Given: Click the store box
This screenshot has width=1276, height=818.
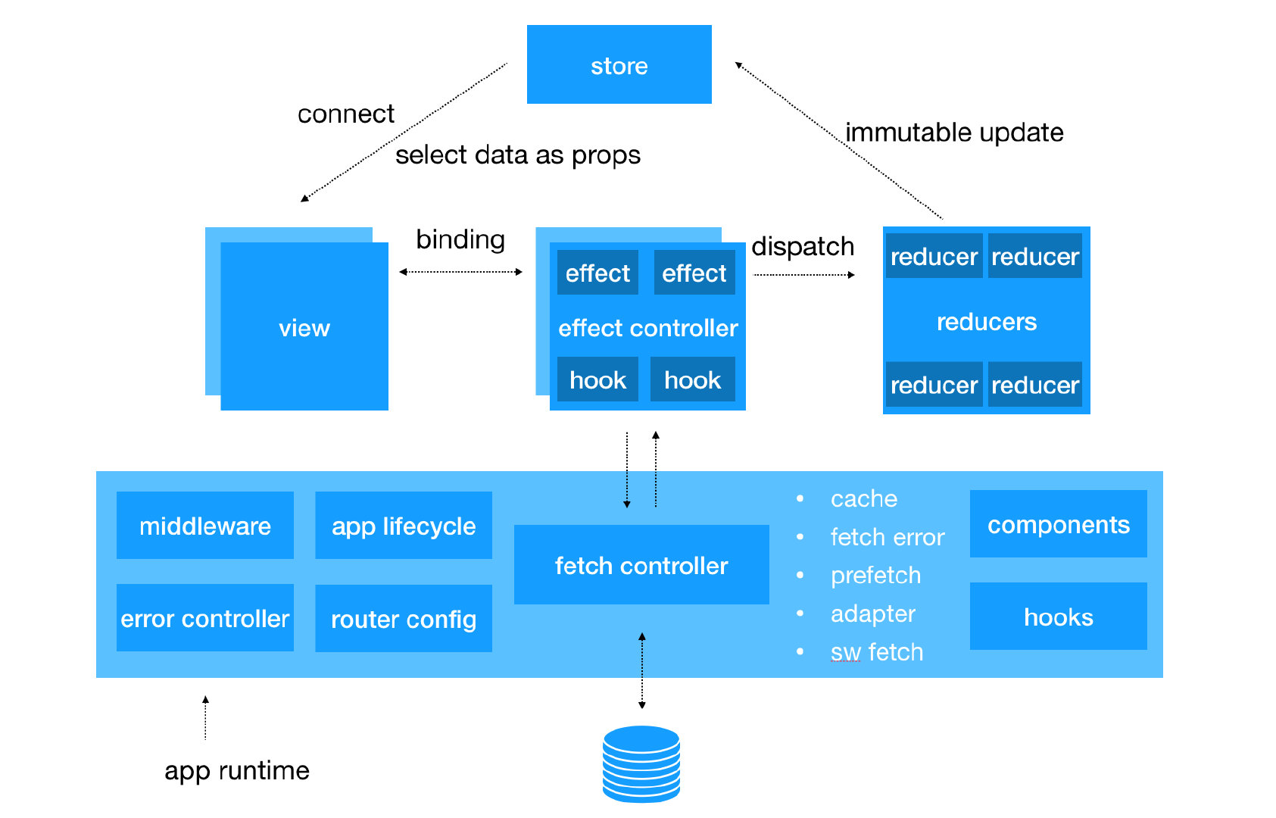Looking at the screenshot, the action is [619, 64].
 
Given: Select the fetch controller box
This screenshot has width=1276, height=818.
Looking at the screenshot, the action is [641, 564].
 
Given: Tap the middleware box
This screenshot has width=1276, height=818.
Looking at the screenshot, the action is [205, 525].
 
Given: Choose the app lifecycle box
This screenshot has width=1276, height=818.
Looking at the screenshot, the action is [404, 525].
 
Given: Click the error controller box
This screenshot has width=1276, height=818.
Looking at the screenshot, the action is [205, 617].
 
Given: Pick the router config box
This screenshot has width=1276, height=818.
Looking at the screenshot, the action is [404, 618].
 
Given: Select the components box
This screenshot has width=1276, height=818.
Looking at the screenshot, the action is [1059, 523].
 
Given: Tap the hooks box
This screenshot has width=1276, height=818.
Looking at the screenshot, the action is [1059, 616].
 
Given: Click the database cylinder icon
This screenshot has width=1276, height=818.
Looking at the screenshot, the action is [641, 764].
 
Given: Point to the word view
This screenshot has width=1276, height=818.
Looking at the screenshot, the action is [304, 328].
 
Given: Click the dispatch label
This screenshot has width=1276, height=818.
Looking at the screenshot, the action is [803, 247].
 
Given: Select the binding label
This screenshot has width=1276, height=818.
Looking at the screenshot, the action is [460, 240].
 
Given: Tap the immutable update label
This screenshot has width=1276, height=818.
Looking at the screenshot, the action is [954, 133].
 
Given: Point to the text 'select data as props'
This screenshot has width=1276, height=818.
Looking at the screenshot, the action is [518, 155].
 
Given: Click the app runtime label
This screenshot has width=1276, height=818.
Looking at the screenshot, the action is [237, 771].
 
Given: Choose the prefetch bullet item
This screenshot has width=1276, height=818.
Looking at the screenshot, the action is [875, 576].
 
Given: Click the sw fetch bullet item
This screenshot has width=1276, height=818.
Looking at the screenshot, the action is [877, 651].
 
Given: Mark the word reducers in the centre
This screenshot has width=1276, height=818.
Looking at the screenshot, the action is [987, 322].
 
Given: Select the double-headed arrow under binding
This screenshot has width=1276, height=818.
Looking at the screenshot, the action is [461, 272].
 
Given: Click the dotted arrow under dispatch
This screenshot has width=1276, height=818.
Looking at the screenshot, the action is [803, 275].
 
